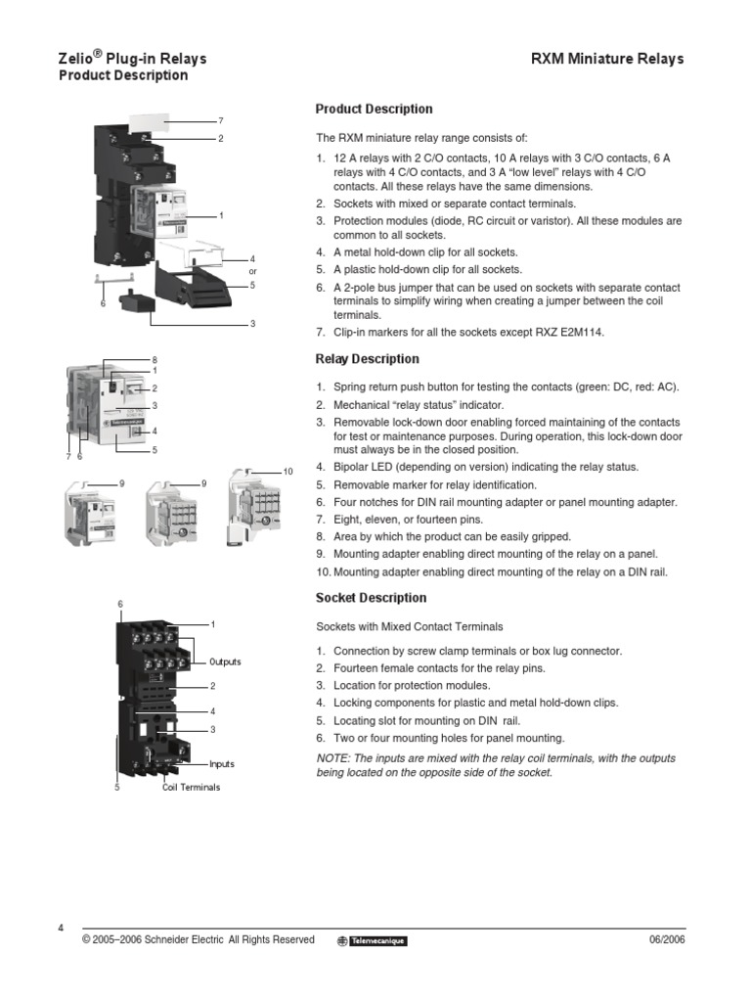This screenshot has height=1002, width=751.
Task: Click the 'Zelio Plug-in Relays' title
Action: (132, 59)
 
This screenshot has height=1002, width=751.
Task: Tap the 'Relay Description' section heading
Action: (367, 359)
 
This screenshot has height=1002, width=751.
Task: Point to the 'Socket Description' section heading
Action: (371, 598)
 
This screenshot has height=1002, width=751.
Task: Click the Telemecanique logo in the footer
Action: (372, 940)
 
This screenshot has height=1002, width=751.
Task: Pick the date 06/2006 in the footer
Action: (667, 939)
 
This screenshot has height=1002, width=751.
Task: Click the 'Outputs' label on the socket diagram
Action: (225, 662)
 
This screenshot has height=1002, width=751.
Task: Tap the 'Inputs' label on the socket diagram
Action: (221, 764)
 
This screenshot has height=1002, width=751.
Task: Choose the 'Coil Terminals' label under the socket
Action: (191, 787)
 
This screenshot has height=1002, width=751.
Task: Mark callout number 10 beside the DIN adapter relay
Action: (287, 473)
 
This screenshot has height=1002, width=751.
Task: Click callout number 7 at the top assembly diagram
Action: (221, 120)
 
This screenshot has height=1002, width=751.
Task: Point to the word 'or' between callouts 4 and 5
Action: (252, 271)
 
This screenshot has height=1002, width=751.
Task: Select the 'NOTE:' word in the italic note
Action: (334, 759)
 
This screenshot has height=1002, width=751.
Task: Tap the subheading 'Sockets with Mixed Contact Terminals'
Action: (409, 626)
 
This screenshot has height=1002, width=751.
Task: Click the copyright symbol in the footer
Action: (87, 939)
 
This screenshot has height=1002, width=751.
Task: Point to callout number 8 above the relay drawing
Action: (155, 361)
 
